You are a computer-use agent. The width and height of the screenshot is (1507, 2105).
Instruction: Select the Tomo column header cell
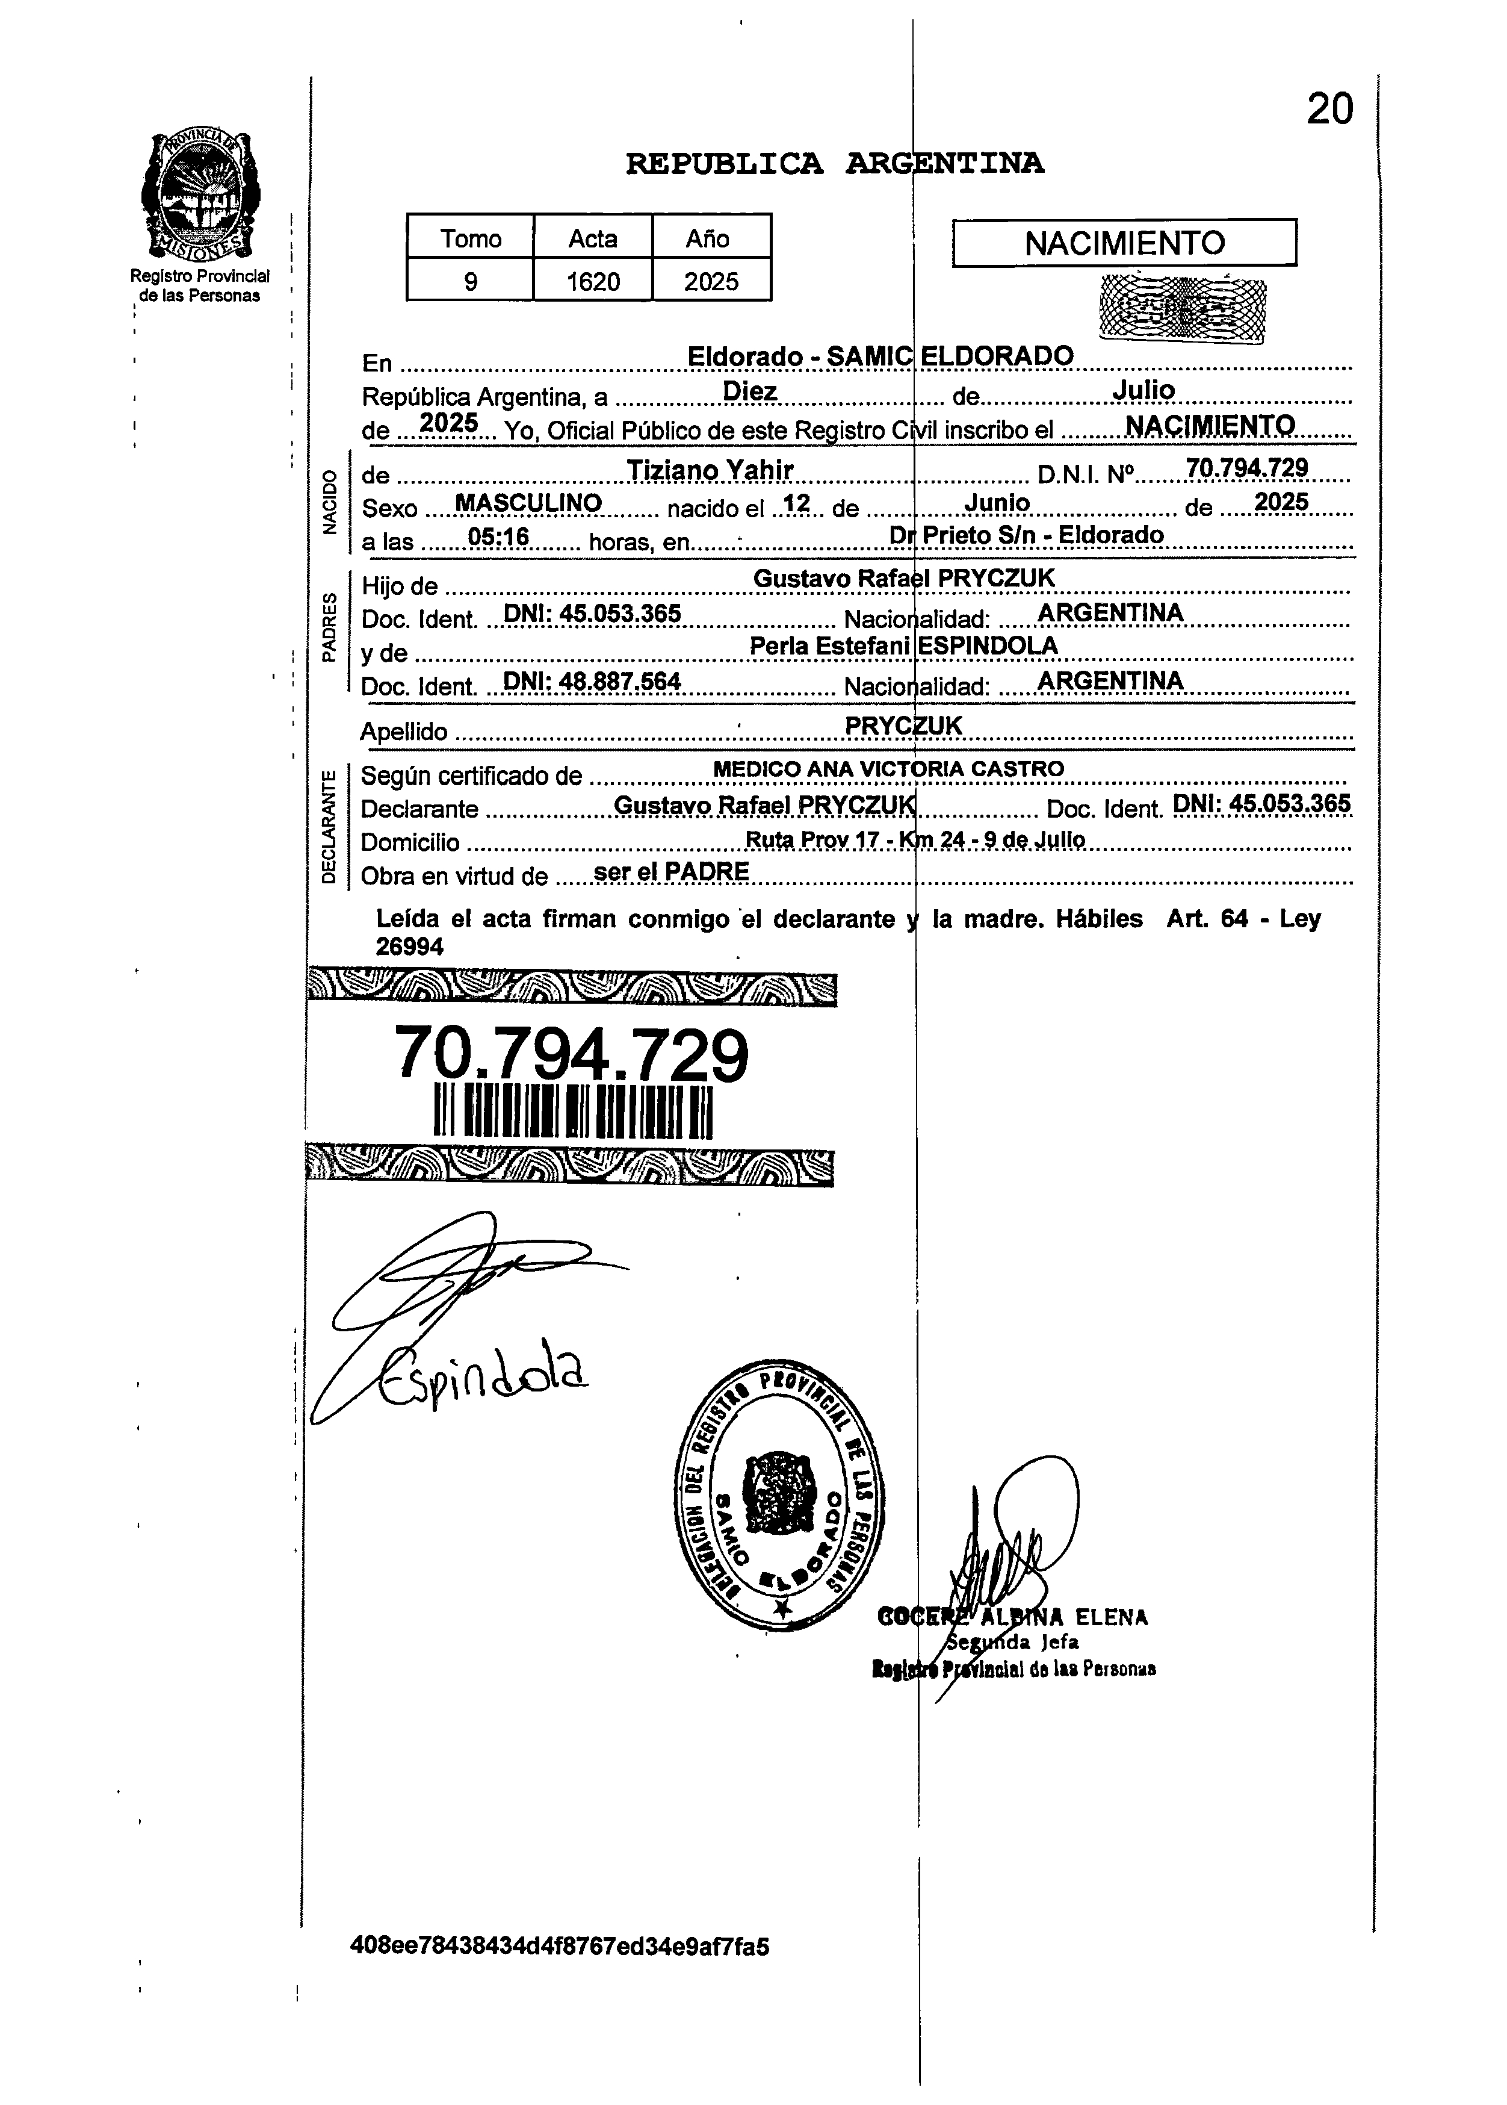471,238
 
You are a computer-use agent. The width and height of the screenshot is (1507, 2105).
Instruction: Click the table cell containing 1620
593,281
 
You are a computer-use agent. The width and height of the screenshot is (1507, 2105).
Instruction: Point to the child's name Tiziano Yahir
710,471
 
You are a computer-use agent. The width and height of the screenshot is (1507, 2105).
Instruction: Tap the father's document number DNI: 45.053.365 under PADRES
591,614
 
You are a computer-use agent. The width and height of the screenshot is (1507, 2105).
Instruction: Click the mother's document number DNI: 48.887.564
591,682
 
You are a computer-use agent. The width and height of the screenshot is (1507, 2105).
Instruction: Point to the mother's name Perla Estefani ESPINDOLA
903,646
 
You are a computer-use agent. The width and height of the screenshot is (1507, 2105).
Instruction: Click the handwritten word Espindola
483,1372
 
